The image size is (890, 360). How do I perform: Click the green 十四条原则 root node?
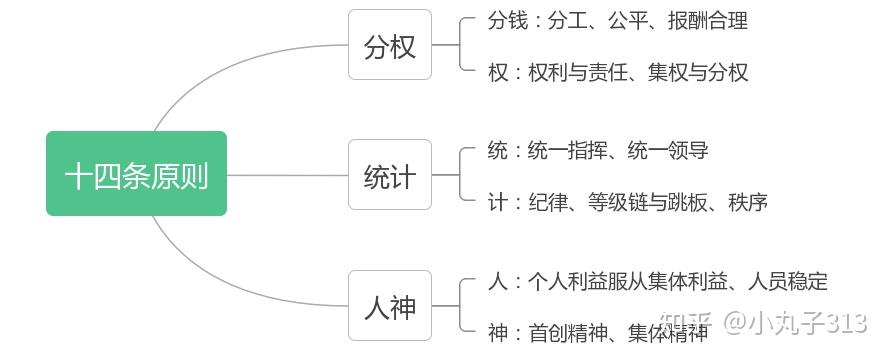point(136,174)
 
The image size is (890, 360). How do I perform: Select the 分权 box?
point(390,45)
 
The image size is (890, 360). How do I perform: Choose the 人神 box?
point(390,305)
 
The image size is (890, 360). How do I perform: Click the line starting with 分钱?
point(617,21)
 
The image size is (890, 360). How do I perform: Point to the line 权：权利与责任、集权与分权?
point(617,72)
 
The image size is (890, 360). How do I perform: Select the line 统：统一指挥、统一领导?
point(598,151)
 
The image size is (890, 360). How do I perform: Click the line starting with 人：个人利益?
point(657,282)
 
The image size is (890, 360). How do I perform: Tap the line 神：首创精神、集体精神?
point(598,333)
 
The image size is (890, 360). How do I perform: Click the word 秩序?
point(748,202)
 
